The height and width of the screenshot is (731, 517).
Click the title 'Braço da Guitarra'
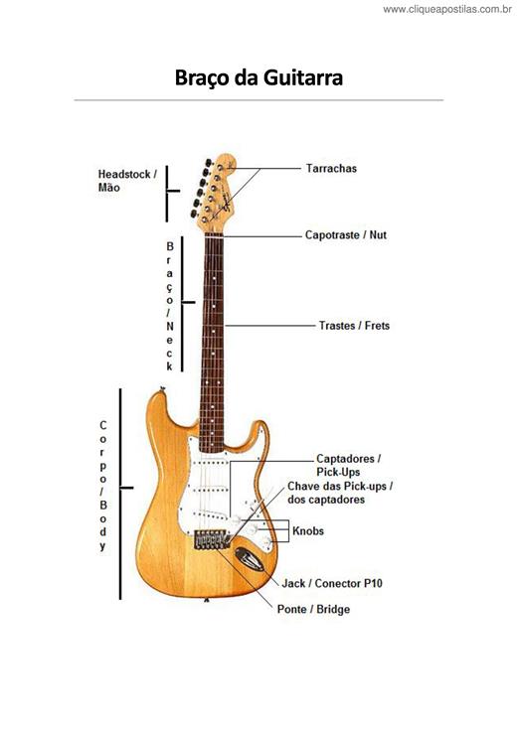pos(258,77)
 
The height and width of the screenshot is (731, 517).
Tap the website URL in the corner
pos(447,9)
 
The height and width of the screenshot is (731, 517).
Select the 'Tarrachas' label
pos(331,168)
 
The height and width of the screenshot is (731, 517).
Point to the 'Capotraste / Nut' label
pos(346,235)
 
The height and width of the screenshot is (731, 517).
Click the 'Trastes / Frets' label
pos(354,326)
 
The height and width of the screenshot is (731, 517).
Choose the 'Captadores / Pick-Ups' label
pos(349,465)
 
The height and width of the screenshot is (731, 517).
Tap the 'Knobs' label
pos(308,531)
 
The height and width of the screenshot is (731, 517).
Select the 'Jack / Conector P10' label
pos(332,583)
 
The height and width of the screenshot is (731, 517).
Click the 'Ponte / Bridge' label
pos(313,609)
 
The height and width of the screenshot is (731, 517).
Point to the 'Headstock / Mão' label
pos(127,181)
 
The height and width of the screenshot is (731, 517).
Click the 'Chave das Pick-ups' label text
pos(340,487)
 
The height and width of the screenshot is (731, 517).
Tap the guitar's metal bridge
pos(213,540)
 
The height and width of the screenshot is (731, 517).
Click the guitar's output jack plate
pos(250,559)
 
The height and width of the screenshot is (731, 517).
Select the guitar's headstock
pos(216,194)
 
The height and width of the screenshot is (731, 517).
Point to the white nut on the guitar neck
pos(214,235)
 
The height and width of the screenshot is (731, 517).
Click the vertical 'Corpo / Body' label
pos(103,486)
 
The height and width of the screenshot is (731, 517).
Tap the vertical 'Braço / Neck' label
pos(169,306)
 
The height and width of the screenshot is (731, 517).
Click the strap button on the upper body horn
pos(162,388)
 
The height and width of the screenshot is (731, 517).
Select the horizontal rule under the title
pos(258,99)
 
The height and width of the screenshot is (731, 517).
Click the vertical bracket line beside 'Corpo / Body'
pos(120,494)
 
